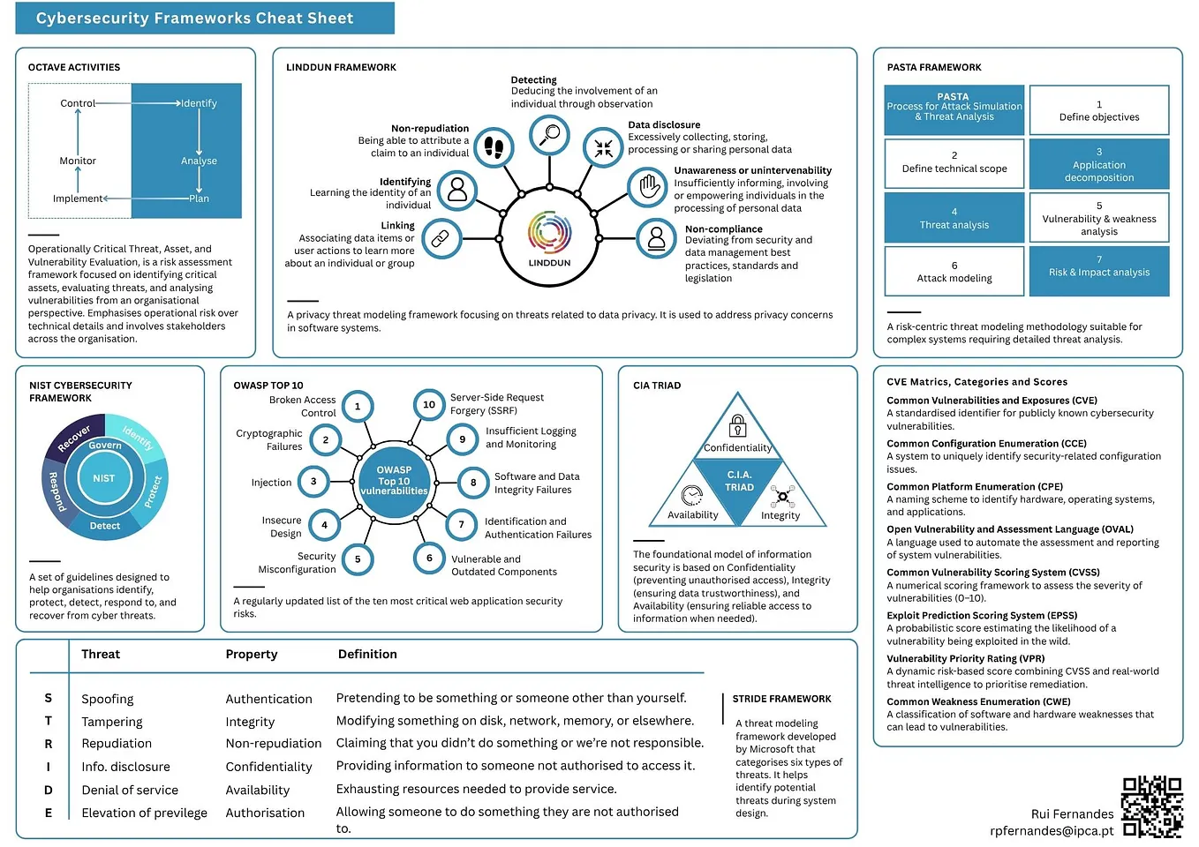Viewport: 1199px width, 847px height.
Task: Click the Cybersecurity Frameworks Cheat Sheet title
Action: pos(195,19)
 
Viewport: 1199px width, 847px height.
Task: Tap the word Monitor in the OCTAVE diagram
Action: pos(78,161)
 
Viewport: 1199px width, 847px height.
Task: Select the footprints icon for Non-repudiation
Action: pos(494,147)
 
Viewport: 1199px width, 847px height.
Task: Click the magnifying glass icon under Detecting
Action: pos(549,134)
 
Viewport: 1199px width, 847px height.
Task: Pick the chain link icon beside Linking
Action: pos(441,238)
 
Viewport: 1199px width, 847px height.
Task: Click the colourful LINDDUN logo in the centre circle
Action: pos(549,233)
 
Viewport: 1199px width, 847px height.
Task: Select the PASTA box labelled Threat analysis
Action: pos(954,218)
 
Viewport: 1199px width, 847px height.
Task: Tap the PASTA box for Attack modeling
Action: pos(954,272)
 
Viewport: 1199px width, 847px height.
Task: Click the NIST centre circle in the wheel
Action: pos(104,478)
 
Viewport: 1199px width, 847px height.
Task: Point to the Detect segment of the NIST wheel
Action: pos(104,526)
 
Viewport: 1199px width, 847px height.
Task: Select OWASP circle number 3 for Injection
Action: pos(313,481)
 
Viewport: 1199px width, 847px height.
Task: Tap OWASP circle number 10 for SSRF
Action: pos(429,405)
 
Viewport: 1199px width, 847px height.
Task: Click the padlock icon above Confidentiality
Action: pos(737,426)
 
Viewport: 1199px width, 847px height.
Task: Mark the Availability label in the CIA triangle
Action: pos(693,515)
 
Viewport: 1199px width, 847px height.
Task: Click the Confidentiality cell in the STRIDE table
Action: pos(268,767)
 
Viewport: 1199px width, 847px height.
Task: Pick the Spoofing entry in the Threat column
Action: pos(108,699)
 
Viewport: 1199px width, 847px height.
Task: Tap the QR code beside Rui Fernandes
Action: pos(1151,806)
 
